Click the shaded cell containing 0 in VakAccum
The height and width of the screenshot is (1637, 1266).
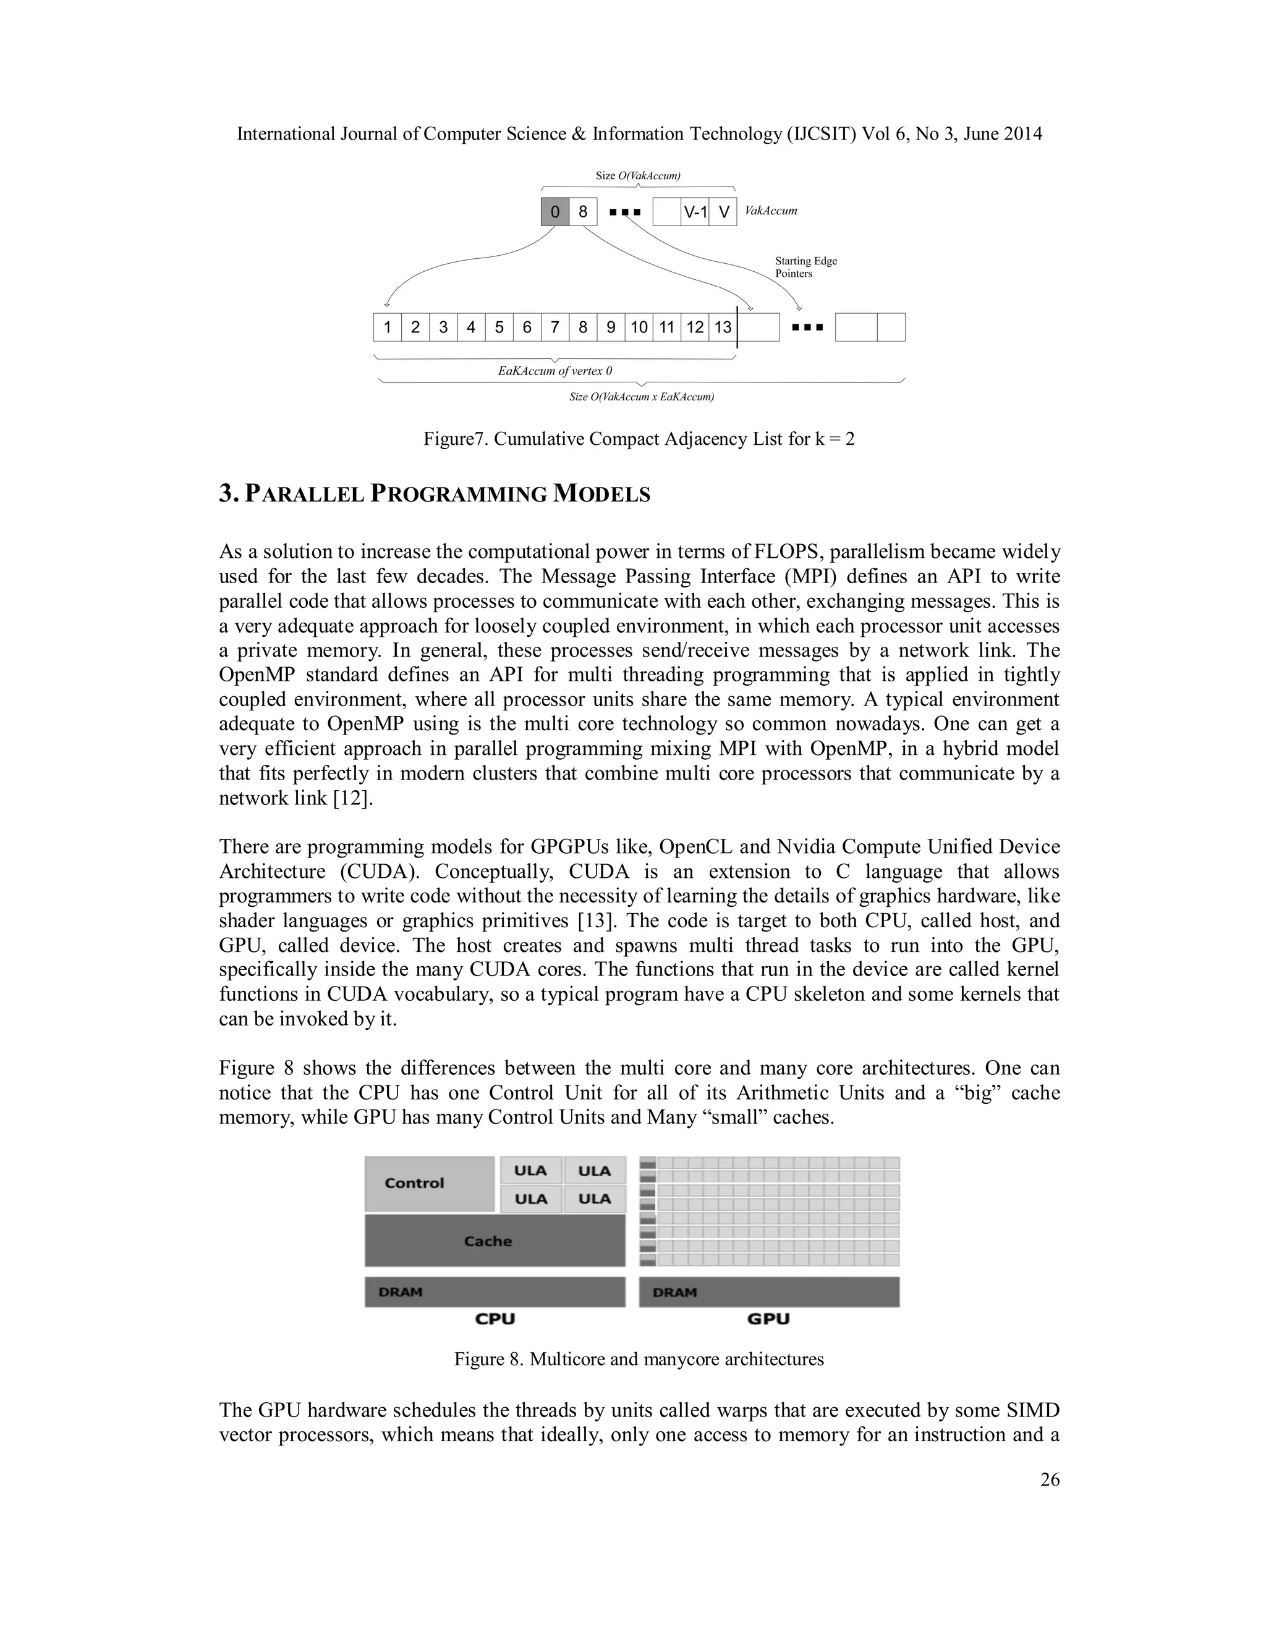pyautogui.click(x=555, y=212)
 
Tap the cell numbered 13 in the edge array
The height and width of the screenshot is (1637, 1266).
pyautogui.click(x=722, y=327)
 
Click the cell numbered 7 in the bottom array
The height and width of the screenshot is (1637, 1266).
pyautogui.click(x=555, y=327)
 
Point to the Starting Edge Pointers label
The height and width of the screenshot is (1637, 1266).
pyautogui.click(x=805, y=267)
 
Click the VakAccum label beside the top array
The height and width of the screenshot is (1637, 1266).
pyautogui.click(x=770, y=211)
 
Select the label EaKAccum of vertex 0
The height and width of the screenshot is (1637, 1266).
pyautogui.click(x=555, y=371)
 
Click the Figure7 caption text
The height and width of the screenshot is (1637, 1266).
pyautogui.click(x=638, y=439)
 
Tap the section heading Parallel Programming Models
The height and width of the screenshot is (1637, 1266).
pyautogui.click(x=435, y=494)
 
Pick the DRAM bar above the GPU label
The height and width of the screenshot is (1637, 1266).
pyautogui.click(x=769, y=1292)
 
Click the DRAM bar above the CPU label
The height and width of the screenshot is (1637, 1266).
pyautogui.click(x=495, y=1292)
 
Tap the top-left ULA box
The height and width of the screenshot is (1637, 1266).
pyautogui.click(x=531, y=1170)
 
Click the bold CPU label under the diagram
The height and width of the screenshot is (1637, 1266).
pyautogui.click(x=495, y=1318)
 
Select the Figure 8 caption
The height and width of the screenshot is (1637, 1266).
pyautogui.click(x=638, y=1359)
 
